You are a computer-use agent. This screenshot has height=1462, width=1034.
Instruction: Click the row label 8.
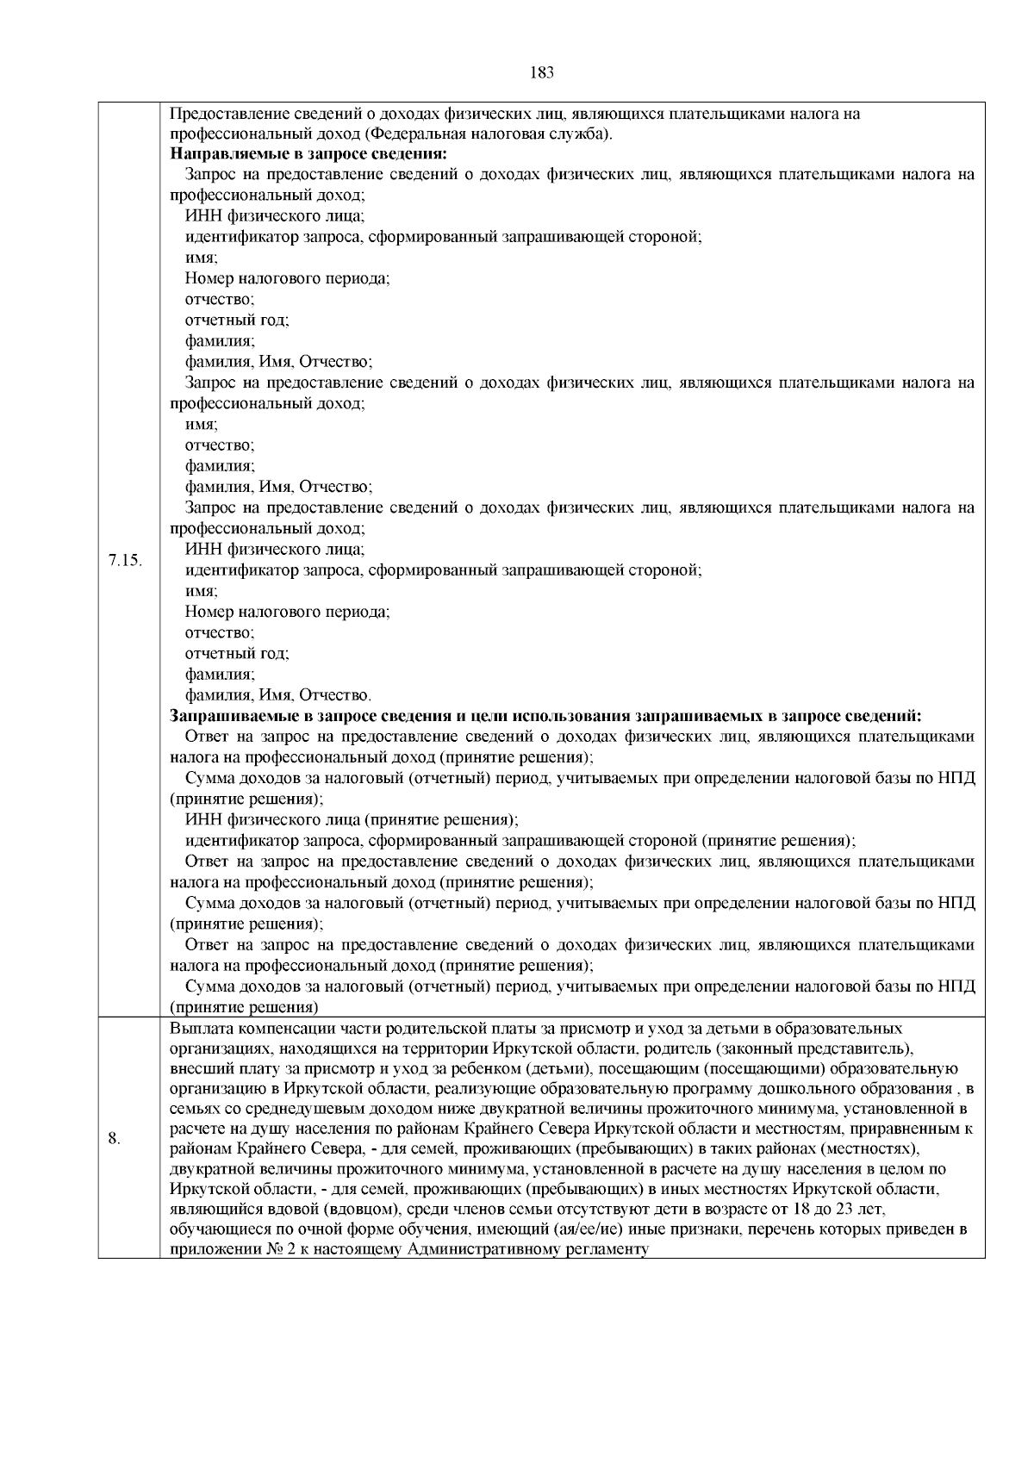pyautogui.click(x=114, y=1139)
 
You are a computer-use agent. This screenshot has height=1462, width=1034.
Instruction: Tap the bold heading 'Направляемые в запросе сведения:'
pyautogui.click(x=308, y=154)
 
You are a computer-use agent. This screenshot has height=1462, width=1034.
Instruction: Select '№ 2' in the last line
pyautogui.click(x=277, y=1250)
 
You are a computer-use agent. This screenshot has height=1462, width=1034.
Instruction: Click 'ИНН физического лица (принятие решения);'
pyautogui.click(x=352, y=820)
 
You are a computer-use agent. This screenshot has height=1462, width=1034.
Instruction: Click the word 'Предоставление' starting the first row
pyautogui.click(x=221, y=114)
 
